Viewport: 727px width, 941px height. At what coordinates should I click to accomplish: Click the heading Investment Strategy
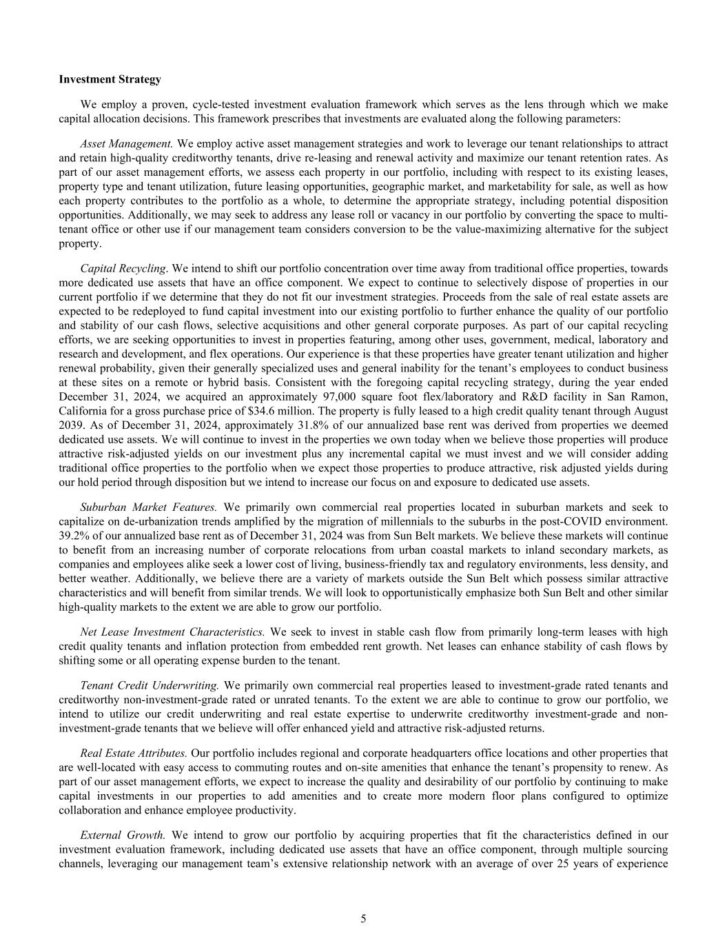(110, 79)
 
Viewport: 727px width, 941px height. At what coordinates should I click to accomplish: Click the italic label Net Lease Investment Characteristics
(172, 631)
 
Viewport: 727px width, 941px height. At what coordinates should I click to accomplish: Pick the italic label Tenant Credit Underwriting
(150, 685)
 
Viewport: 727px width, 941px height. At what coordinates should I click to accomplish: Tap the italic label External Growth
(123, 835)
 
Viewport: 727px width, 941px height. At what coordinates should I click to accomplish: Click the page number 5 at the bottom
(363, 918)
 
